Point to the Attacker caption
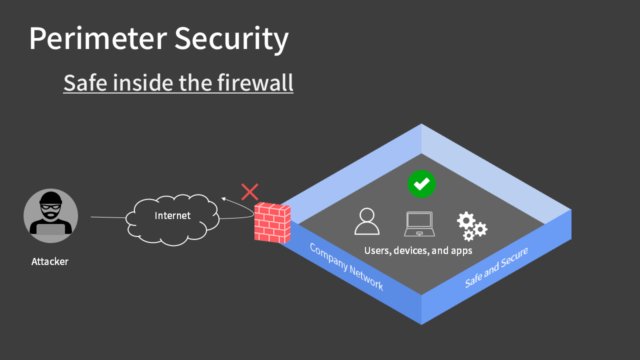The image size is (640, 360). [x=49, y=262]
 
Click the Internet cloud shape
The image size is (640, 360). [x=171, y=216]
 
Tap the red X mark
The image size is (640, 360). [x=249, y=190]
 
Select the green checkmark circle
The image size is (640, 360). [x=421, y=184]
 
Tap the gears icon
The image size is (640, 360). [x=471, y=224]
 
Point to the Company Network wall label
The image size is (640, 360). [x=346, y=266]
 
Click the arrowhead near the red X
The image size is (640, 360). [x=227, y=200]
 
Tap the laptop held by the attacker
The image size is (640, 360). [x=49, y=229]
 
